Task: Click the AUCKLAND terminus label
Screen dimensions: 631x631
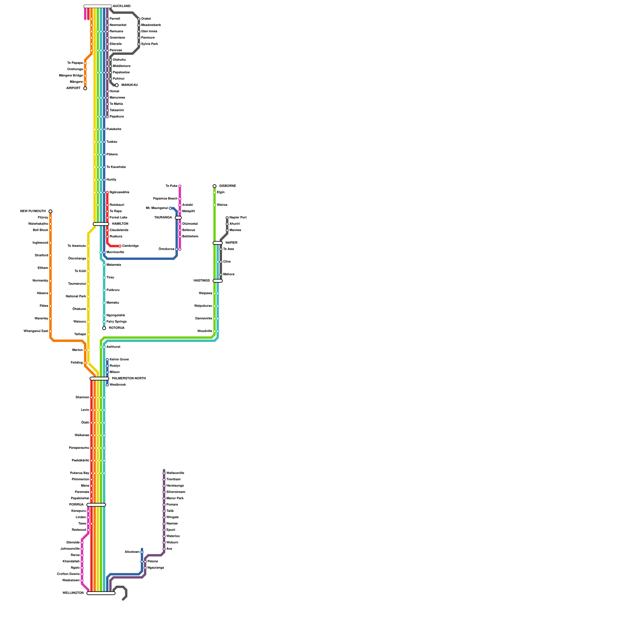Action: click(x=121, y=6)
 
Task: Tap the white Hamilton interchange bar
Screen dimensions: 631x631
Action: click(x=101, y=224)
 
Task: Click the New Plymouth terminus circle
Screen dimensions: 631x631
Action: click(x=50, y=211)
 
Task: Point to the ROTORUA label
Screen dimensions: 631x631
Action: click(x=117, y=328)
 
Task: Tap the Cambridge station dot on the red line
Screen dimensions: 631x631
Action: click(x=120, y=246)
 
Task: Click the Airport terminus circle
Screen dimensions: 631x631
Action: click(x=85, y=88)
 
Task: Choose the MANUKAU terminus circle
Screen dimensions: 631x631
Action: click(x=117, y=85)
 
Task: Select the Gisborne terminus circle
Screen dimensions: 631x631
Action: click(x=215, y=186)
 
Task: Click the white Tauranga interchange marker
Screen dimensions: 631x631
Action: click(x=178, y=218)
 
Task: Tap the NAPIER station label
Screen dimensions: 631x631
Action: click(x=231, y=243)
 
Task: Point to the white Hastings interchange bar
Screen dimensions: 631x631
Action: click(x=218, y=281)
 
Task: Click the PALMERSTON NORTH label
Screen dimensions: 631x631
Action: click(x=129, y=379)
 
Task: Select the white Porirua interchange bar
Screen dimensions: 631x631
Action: click(x=96, y=505)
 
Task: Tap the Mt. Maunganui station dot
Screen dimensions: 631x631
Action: click(x=170, y=208)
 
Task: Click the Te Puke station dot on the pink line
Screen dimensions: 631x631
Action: click(x=180, y=186)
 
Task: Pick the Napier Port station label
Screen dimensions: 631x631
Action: click(x=238, y=218)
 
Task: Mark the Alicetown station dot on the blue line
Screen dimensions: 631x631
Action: click(x=142, y=552)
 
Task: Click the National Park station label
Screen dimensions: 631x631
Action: click(x=76, y=297)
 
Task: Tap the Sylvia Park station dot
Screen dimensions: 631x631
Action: click(x=139, y=44)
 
